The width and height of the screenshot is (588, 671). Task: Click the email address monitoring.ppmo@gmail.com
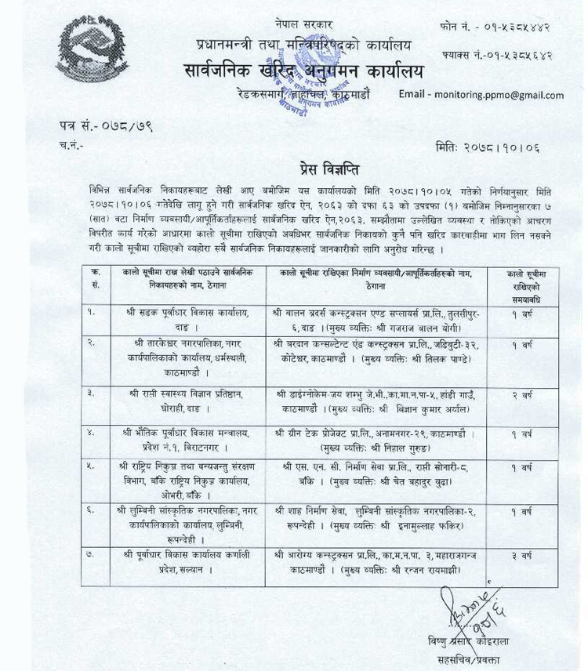pos(481,96)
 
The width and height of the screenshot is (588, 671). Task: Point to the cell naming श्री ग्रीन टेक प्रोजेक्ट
pos(376,439)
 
